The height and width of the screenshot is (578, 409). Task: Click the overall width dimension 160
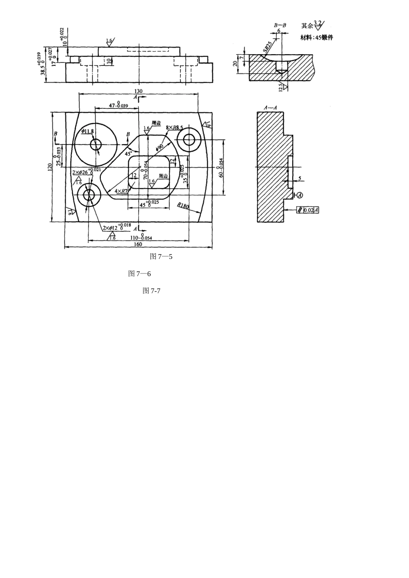[138, 245]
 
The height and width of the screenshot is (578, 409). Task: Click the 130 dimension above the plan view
[138, 91]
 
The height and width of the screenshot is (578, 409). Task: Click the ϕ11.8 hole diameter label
[87, 131]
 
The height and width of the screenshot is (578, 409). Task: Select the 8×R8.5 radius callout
[174, 128]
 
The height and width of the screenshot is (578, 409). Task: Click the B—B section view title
[280, 25]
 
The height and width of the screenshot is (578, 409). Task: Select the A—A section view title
[270, 108]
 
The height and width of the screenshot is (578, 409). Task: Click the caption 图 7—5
[161, 257]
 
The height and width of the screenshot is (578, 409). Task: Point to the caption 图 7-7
[152, 291]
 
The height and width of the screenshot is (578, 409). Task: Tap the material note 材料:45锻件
[317, 37]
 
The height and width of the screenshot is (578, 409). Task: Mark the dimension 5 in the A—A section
[300, 178]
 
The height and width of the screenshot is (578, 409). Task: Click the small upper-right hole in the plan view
[190, 140]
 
